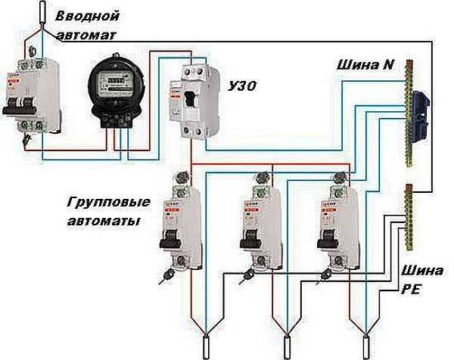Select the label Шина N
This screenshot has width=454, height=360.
point(365,65)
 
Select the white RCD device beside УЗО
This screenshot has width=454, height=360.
point(197,102)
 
